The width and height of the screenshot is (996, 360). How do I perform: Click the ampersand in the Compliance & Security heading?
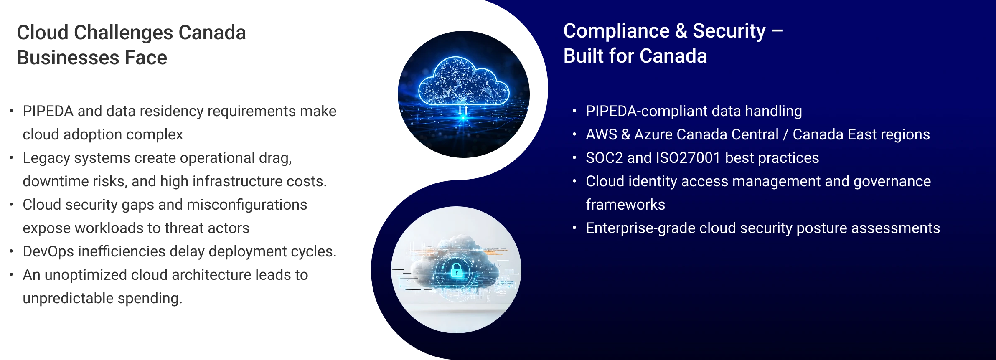pos(681,31)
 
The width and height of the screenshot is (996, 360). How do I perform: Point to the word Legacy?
pos(48,159)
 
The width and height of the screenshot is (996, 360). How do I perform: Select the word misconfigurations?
pos(247,205)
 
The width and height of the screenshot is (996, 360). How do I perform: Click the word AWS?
pos(601,134)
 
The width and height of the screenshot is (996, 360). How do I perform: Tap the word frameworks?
pos(625,205)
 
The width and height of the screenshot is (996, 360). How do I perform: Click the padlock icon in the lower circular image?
pos(457,270)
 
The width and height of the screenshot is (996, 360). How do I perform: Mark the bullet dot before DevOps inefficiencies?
pos(11,251)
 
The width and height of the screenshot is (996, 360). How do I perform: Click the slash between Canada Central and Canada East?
pos(786,134)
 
